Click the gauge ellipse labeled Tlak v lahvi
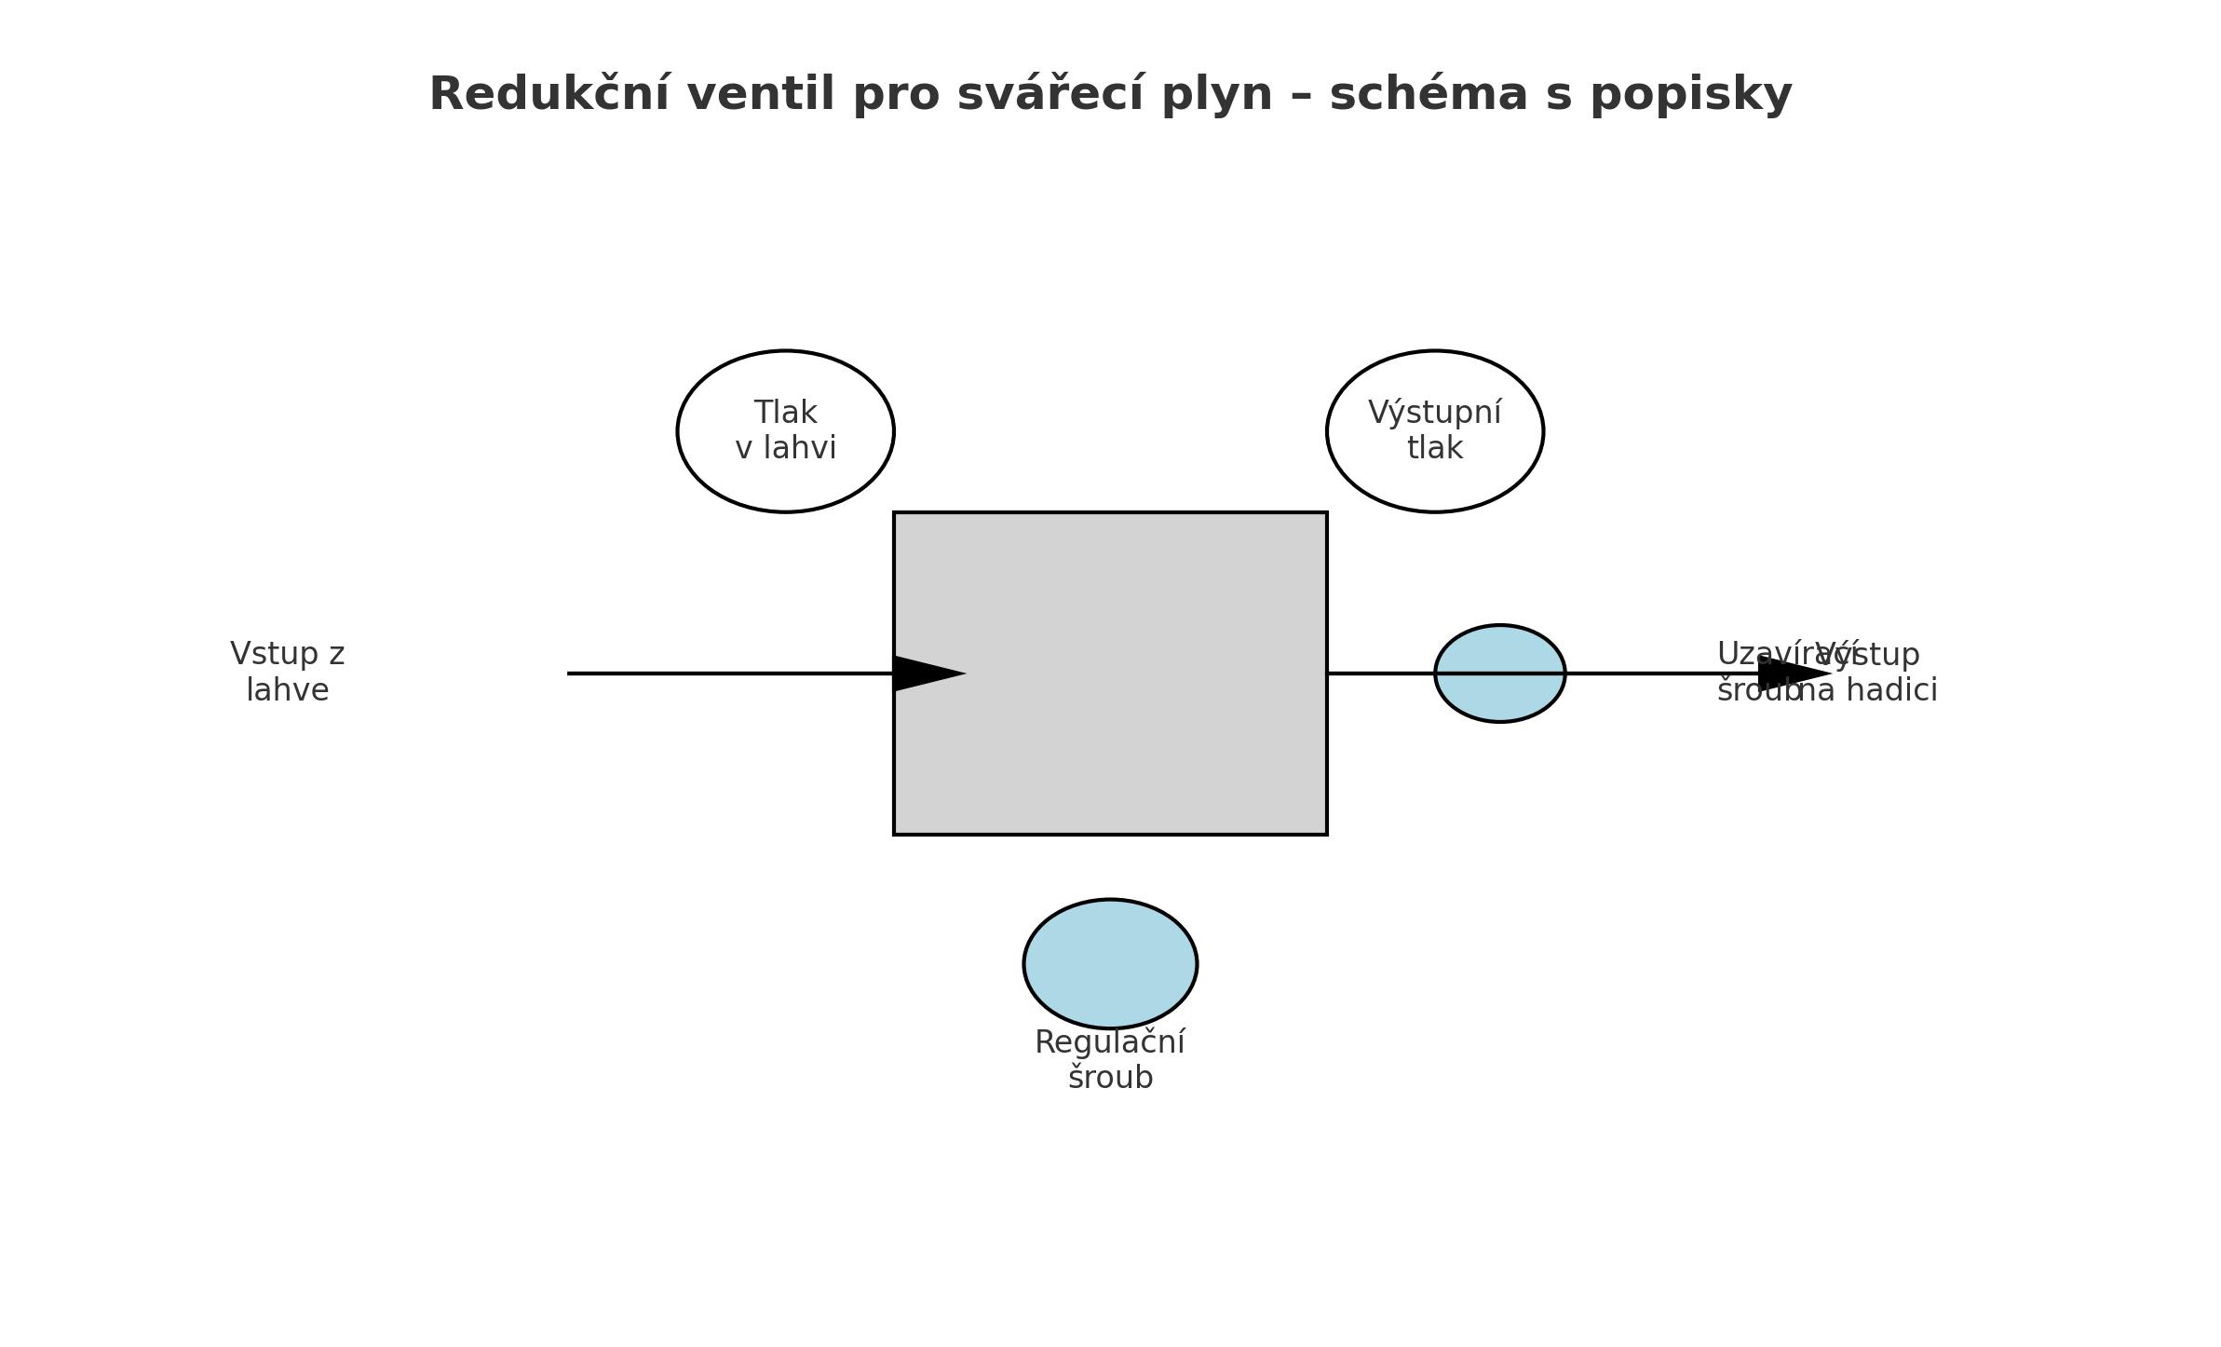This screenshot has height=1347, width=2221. [x=785, y=484]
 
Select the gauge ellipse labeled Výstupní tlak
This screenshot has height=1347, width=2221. [x=1434, y=484]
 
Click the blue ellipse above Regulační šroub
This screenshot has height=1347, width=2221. [x=1110, y=963]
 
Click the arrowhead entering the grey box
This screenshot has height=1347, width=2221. [x=926, y=673]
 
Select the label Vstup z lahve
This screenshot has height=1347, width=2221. [x=288, y=672]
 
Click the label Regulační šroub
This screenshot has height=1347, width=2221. [x=1110, y=1059]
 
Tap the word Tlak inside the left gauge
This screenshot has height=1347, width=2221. [x=785, y=413]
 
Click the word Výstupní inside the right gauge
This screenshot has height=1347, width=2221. [x=1434, y=413]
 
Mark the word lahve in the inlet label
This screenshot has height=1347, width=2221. [x=288, y=690]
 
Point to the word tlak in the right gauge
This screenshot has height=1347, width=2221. [x=1434, y=448]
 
